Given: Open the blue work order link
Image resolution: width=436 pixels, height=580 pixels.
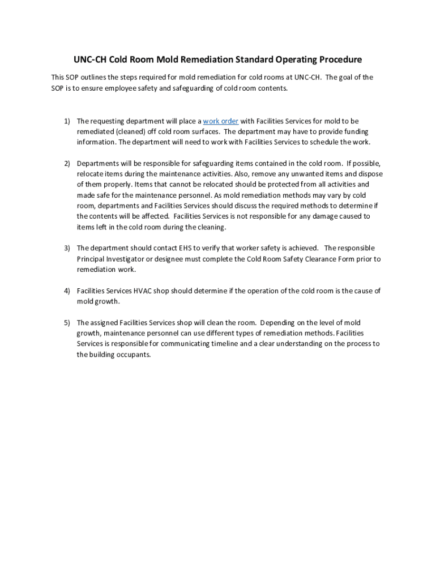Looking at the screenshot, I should (220, 121).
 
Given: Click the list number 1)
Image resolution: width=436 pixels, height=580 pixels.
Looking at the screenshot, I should (66, 121).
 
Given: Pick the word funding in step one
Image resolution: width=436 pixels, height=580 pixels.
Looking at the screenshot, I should (356, 131).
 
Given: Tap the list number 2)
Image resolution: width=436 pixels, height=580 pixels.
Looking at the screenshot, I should (66, 164).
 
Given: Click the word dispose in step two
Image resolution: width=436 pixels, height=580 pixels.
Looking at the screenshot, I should (370, 174).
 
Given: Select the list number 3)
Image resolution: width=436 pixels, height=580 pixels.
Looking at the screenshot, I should (66, 248).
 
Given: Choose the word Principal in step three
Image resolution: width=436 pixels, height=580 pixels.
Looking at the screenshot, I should (91, 259).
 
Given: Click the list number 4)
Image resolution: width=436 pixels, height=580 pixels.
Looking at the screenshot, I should (66, 291).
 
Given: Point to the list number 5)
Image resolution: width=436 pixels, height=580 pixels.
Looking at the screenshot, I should (66, 323).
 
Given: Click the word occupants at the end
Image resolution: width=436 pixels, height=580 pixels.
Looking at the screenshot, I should (134, 355).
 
